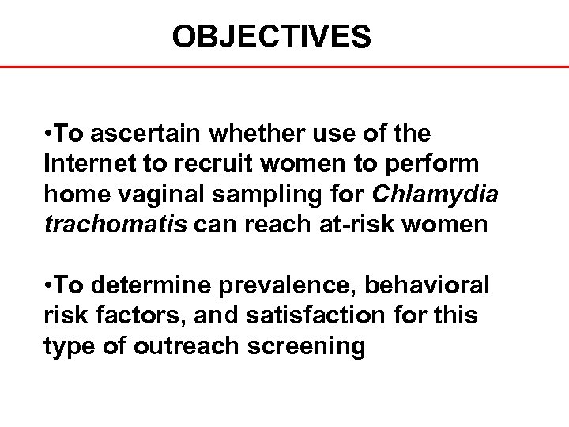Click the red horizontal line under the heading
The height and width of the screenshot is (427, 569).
tap(284, 67)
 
